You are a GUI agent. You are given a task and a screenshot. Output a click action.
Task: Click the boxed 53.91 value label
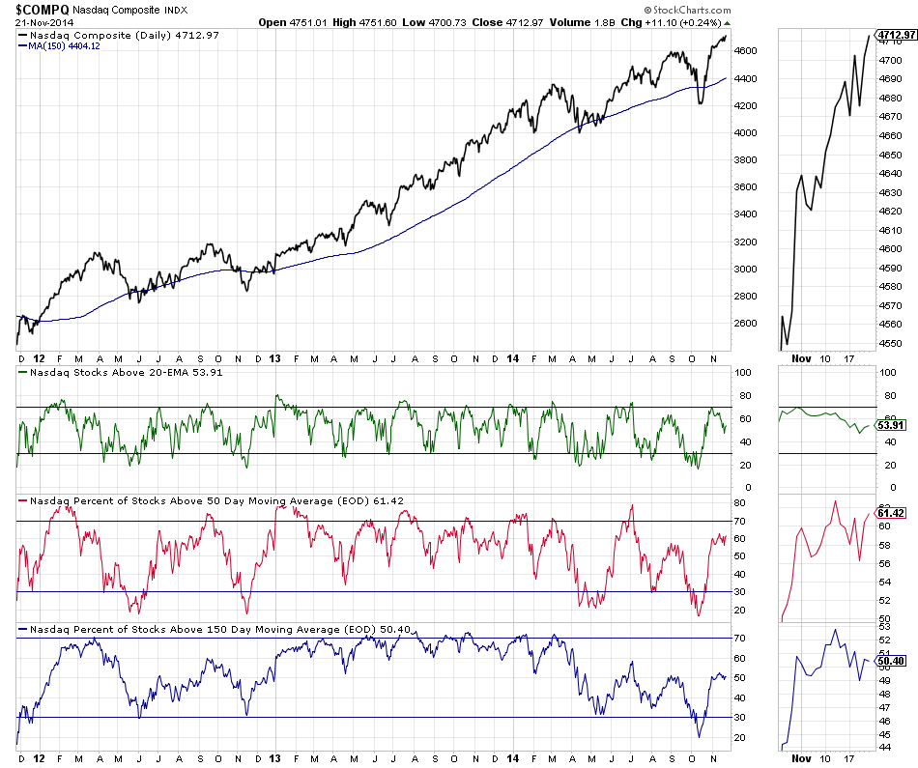889,425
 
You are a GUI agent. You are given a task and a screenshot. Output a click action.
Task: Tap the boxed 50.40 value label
889,661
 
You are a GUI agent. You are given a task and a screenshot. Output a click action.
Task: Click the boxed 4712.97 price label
896,35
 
